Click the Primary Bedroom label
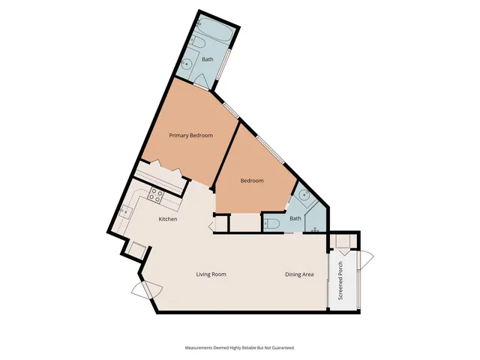190,136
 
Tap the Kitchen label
168,219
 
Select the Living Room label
211,274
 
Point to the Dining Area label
299,274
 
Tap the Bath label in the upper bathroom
208,58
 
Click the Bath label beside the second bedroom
295,218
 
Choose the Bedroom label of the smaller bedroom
251,181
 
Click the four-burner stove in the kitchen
157,196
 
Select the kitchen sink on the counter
124,212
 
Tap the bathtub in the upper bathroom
202,37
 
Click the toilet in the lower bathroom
273,223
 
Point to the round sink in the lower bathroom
303,196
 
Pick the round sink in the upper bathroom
187,61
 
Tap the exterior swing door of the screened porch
366,260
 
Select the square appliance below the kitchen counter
137,250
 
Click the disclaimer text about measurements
240,348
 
